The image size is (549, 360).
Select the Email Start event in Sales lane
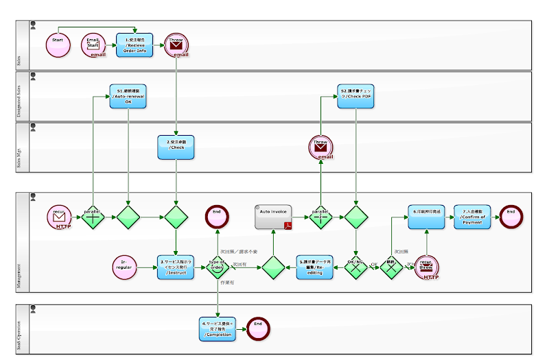pos(93,45)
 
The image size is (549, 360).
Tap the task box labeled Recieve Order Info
pos(135,45)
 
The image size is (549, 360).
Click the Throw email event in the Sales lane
pos(176,45)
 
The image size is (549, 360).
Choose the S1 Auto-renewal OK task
pos(128,97)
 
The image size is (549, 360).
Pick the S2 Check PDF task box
pos(356,97)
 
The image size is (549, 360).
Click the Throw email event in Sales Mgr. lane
pos(320,147)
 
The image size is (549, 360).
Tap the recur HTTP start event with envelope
pos(59,217)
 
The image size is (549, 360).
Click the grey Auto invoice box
pos(274,217)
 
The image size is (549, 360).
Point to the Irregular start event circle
pos(125,267)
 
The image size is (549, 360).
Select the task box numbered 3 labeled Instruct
pos(176,267)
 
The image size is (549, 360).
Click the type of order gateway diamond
pos(218,267)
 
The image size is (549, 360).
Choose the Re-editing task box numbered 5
pos(315,267)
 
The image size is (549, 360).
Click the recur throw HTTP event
pos(427,267)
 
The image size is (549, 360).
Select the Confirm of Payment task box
pos(473,217)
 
